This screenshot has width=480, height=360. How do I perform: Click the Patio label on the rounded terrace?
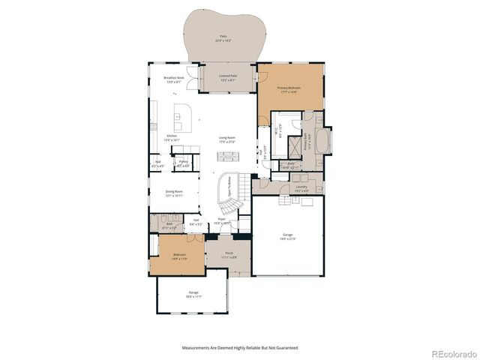click(223, 37)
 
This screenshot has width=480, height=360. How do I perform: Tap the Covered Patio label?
click(229, 76)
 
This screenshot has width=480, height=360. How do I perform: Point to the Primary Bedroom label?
click(287, 88)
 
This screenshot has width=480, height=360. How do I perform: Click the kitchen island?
click(181, 114)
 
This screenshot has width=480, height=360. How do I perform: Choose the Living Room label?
click(227, 138)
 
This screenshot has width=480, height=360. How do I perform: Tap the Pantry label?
click(183, 161)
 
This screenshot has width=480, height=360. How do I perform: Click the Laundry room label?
click(301, 188)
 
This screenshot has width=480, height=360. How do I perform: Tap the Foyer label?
click(223, 221)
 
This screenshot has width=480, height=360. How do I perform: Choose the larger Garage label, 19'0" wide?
click(287, 236)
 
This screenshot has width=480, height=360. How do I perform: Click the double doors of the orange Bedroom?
click(195, 238)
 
